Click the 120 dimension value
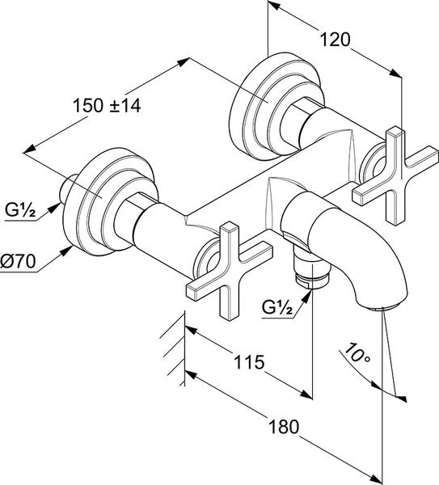[335, 40]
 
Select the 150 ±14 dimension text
[107, 105]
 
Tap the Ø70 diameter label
[18, 261]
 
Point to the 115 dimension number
[249, 361]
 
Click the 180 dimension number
[284, 427]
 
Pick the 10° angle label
[356, 353]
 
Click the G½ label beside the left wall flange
[20, 210]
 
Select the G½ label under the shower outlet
[276, 307]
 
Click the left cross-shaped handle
[230, 271]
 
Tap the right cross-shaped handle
[395, 175]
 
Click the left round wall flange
[109, 201]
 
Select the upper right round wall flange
[276, 107]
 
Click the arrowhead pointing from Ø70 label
[65, 251]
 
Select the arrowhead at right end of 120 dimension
[395, 74]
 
